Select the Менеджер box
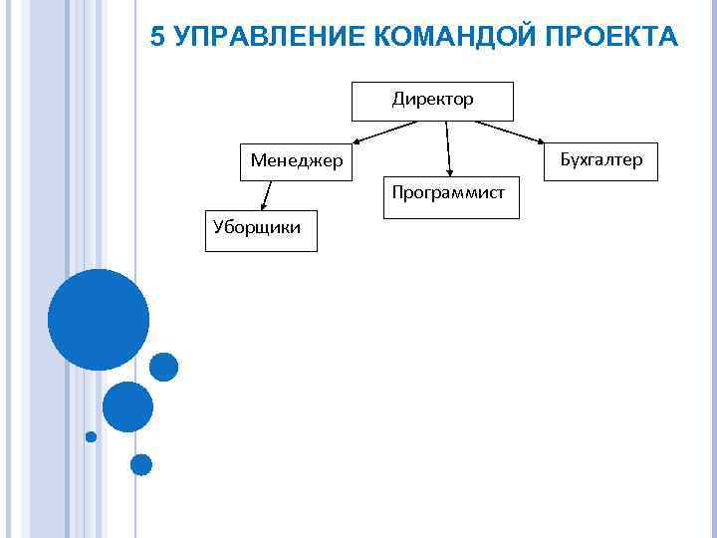coord(296,160)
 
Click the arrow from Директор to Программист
coord(448,149)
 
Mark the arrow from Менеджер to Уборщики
coord(267,194)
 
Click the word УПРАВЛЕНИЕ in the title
coord(272,38)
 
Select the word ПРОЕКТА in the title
coord(614,38)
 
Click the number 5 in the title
coord(157,38)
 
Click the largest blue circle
coord(99,320)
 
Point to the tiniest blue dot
coord(92,436)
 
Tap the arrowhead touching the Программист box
coord(449,175)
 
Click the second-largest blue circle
coord(127,406)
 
